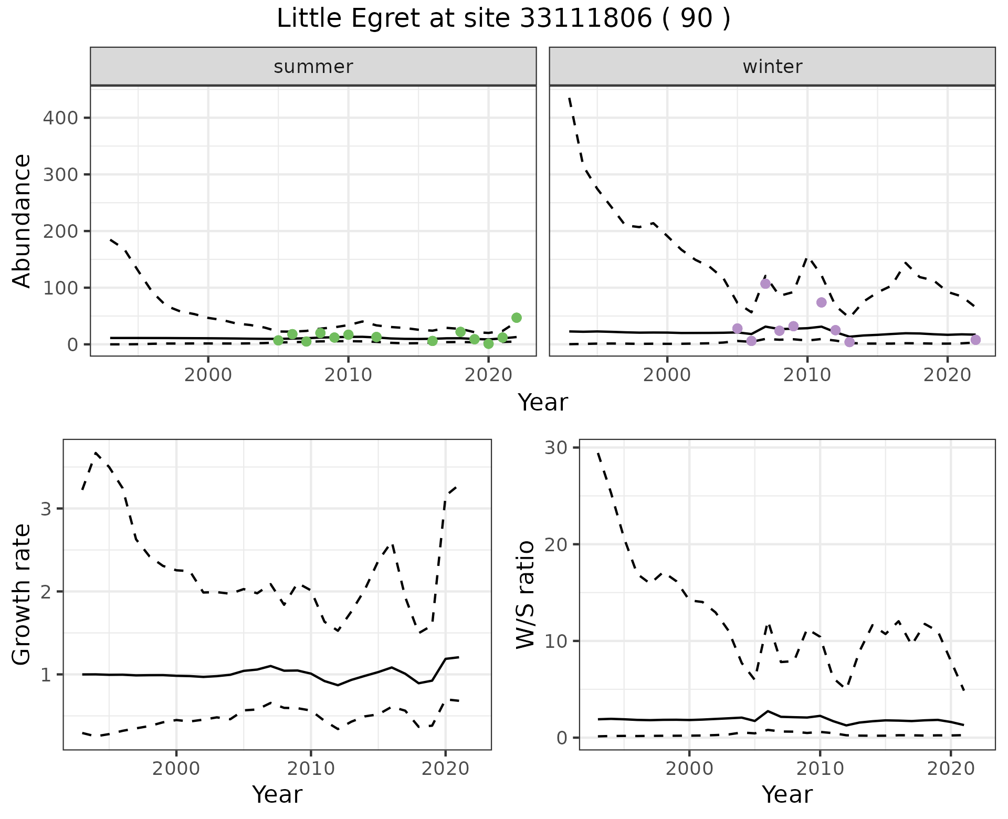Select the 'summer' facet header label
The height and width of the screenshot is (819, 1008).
[x=313, y=67]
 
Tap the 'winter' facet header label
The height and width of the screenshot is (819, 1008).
[x=772, y=67]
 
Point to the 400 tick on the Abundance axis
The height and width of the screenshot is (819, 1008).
[x=60, y=118]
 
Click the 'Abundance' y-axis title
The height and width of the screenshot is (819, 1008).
[x=22, y=220]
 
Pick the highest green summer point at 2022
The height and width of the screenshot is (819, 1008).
[x=517, y=318]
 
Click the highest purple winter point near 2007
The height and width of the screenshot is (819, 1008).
[x=765, y=283]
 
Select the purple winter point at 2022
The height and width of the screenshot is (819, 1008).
[x=975, y=340]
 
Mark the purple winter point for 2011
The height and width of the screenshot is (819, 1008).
[x=822, y=302]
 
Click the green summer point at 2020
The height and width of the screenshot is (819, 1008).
[x=489, y=344]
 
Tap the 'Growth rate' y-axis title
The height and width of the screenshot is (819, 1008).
[x=22, y=595]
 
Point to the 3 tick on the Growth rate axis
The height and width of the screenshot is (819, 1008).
[x=47, y=509]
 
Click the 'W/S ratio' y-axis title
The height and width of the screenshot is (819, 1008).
[x=526, y=595]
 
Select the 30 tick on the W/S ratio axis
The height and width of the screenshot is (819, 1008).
[x=559, y=448]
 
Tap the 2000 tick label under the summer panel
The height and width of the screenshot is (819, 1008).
[x=208, y=376]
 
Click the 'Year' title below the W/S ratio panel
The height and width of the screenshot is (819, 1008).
[x=787, y=794]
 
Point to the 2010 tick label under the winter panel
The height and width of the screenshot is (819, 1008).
[x=807, y=376]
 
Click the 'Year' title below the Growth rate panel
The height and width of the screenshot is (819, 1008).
[x=277, y=794]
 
